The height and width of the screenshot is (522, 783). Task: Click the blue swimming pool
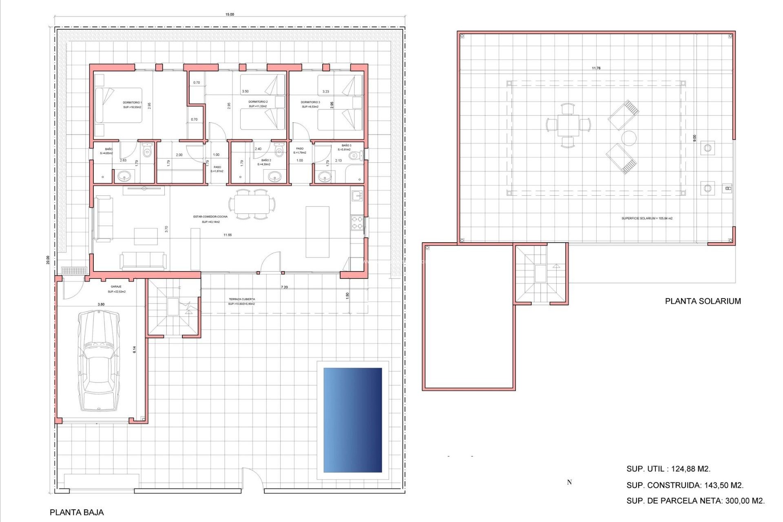353,420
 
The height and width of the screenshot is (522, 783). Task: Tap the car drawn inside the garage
99,361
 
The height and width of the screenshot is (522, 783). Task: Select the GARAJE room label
116,287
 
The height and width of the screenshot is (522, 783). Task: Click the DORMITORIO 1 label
132,103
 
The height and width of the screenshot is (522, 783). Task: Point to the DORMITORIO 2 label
258,102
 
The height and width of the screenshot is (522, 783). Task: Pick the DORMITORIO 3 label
310,102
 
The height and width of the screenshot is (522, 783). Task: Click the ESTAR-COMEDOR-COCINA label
210,217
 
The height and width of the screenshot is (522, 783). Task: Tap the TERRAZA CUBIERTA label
242,299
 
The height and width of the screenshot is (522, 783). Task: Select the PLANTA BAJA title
77,512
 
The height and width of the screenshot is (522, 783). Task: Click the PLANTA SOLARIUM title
703,301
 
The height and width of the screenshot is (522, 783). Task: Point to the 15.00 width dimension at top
230,14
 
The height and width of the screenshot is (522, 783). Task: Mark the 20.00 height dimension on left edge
48,260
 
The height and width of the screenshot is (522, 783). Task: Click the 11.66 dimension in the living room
228,235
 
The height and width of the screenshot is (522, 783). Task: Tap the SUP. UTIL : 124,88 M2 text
668,469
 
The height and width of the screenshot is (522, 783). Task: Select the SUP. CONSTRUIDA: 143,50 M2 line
685,485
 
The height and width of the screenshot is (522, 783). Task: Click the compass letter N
569,482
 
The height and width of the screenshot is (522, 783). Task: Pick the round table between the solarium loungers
629,138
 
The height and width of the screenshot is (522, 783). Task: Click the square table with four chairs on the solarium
568,125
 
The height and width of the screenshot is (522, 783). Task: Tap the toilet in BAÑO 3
356,155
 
